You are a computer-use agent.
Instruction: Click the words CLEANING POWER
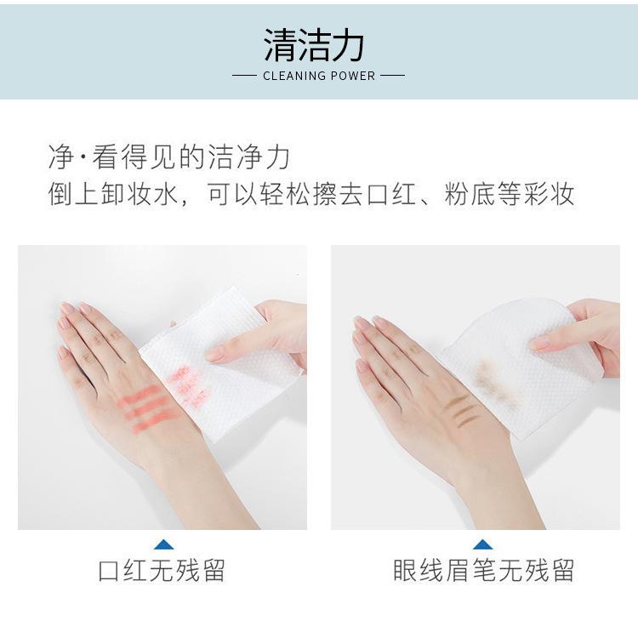point(319,76)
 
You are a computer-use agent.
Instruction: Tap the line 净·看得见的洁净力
point(169,157)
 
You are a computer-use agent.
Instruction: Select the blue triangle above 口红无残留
point(163,544)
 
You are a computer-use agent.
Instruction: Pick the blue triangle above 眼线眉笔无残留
point(483,544)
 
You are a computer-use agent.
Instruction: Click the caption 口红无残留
point(162,570)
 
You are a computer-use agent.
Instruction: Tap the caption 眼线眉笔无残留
point(483,570)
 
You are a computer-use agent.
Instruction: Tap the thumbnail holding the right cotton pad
point(540,343)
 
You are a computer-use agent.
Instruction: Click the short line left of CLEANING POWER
point(244,76)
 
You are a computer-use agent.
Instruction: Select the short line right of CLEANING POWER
point(392,76)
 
